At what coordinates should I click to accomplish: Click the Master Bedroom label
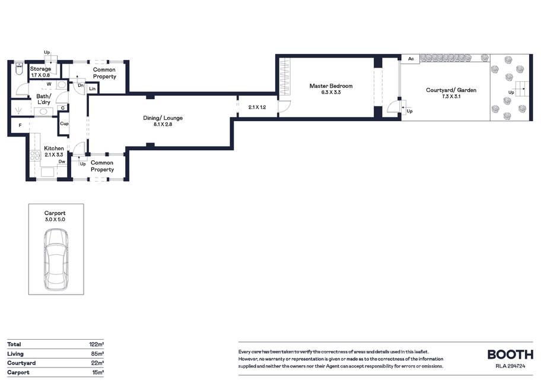click(x=331, y=86)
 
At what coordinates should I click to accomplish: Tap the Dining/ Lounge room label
click(x=163, y=118)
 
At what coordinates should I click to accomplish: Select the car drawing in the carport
click(x=56, y=259)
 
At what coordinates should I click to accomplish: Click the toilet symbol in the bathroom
click(x=19, y=68)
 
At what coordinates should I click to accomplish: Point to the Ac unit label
click(x=411, y=59)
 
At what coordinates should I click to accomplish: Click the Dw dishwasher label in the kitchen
click(x=62, y=162)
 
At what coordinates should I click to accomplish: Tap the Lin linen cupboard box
click(x=92, y=88)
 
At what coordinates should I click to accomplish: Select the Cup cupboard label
click(x=64, y=124)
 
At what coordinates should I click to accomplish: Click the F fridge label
click(x=20, y=125)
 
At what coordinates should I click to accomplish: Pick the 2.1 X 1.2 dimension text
click(x=257, y=107)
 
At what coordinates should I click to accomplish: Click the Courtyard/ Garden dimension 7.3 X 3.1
click(x=451, y=96)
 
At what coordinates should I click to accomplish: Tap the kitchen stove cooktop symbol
click(x=35, y=156)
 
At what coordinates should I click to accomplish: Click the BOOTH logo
click(x=510, y=354)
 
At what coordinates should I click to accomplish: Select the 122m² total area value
click(x=97, y=344)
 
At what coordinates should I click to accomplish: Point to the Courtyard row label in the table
click(x=21, y=363)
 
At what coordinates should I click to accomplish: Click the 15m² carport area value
click(x=98, y=372)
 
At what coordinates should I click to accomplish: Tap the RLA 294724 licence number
click(x=510, y=366)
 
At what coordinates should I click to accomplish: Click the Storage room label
click(x=40, y=69)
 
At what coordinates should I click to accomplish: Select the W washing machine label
click(x=49, y=84)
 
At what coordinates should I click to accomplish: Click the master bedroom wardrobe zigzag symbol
click(x=285, y=77)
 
